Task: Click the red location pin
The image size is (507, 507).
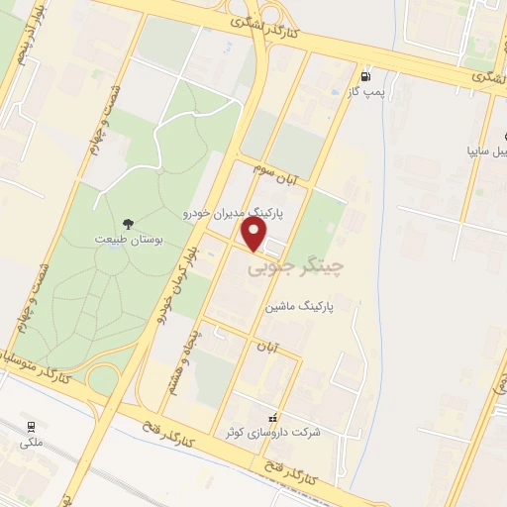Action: pos(255,233)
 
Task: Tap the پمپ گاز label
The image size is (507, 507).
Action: pos(366,92)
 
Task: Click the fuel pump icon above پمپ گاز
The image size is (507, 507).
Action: pos(367,76)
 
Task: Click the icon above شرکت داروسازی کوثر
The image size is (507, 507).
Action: pos(274,417)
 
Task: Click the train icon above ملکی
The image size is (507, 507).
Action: pos(33,427)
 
